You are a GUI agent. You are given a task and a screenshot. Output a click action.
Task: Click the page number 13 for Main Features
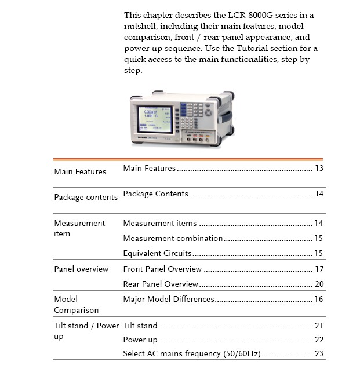(319, 168)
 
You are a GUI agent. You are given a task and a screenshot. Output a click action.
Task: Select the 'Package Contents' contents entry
(155, 194)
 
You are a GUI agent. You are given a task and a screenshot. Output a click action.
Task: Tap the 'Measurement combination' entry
(173, 238)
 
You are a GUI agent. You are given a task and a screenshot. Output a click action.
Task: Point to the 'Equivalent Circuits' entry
(157, 253)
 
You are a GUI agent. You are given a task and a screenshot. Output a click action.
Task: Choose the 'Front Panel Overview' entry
(162, 269)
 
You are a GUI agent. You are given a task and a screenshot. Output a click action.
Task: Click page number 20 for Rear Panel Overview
(319, 284)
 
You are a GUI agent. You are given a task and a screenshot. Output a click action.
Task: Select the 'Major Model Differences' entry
(169, 299)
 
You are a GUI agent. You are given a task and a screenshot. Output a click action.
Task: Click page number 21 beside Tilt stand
(319, 326)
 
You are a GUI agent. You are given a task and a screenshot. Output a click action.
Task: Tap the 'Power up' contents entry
(140, 340)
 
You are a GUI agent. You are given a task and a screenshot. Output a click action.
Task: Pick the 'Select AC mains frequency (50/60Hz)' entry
(192, 353)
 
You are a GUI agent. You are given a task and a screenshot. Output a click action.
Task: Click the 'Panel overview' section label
(81, 269)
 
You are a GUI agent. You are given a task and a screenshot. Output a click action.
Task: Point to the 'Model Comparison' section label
(77, 305)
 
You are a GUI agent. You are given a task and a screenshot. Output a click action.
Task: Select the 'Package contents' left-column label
(86, 197)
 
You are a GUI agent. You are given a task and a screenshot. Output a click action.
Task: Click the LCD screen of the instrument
(155, 119)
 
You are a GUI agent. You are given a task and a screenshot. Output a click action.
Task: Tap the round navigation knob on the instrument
(209, 113)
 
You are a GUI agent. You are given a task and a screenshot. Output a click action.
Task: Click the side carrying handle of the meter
(226, 116)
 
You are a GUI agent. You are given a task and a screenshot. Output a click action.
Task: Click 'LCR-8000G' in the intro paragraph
(250, 16)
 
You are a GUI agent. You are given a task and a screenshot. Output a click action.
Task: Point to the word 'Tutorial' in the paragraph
(252, 49)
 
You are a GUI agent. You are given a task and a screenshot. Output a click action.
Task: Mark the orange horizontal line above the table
(188, 159)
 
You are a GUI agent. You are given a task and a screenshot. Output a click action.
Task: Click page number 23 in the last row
(319, 353)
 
